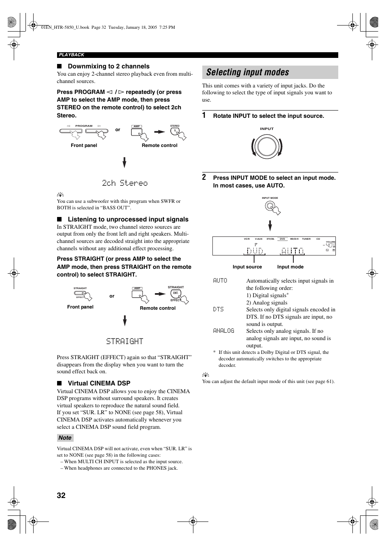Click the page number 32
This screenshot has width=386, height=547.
click(x=61, y=495)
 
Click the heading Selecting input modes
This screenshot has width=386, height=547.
click(x=248, y=72)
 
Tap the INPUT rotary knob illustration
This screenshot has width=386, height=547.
click(x=267, y=147)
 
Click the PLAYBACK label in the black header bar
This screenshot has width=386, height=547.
click(x=72, y=55)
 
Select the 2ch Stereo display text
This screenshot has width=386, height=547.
click(x=125, y=183)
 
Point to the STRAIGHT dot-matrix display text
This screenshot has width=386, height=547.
click(x=125, y=341)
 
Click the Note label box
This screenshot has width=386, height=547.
click(x=65, y=438)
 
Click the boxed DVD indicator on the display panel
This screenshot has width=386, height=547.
click(x=282, y=239)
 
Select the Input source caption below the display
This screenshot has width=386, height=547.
click(x=247, y=267)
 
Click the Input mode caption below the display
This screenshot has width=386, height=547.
click(x=290, y=267)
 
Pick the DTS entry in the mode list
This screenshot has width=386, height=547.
click(x=218, y=309)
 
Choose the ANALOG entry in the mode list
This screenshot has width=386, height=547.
click(x=224, y=331)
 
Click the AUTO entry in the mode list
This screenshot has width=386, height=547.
click(x=220, y=281)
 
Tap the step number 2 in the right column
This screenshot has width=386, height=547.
click(x=204, y=177)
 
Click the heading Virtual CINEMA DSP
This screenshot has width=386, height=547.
click(x=99, y=383)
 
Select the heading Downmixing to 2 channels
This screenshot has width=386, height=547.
click(x=108, y=66)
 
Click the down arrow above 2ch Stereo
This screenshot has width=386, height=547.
click(x=125, y=162)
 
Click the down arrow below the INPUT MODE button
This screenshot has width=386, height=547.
click(x=270, y=225)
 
